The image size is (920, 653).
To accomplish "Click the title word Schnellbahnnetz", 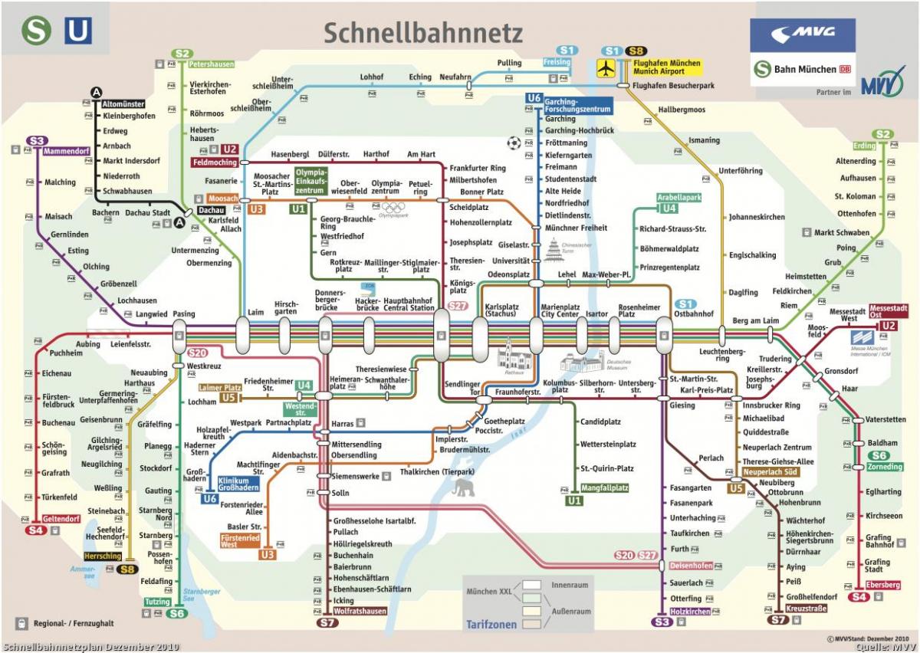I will coord(422,32).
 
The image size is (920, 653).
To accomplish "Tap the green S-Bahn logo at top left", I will coord(35,30).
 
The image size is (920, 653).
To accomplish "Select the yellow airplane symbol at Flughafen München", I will coord(607,68).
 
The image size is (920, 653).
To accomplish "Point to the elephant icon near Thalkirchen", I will coord(463,488).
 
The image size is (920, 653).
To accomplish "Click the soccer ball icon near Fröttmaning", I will coord(513,142).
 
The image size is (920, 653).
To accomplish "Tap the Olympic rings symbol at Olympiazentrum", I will coord(393,207).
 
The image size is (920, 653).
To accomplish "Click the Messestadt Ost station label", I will coord(889,311).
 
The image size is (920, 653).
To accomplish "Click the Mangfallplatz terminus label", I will coord(605,487).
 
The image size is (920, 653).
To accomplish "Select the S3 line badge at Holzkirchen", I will coord(662,622).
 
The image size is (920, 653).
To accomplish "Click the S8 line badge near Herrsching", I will coord(127,569).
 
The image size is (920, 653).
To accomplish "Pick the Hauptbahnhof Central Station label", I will coord(409,304).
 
